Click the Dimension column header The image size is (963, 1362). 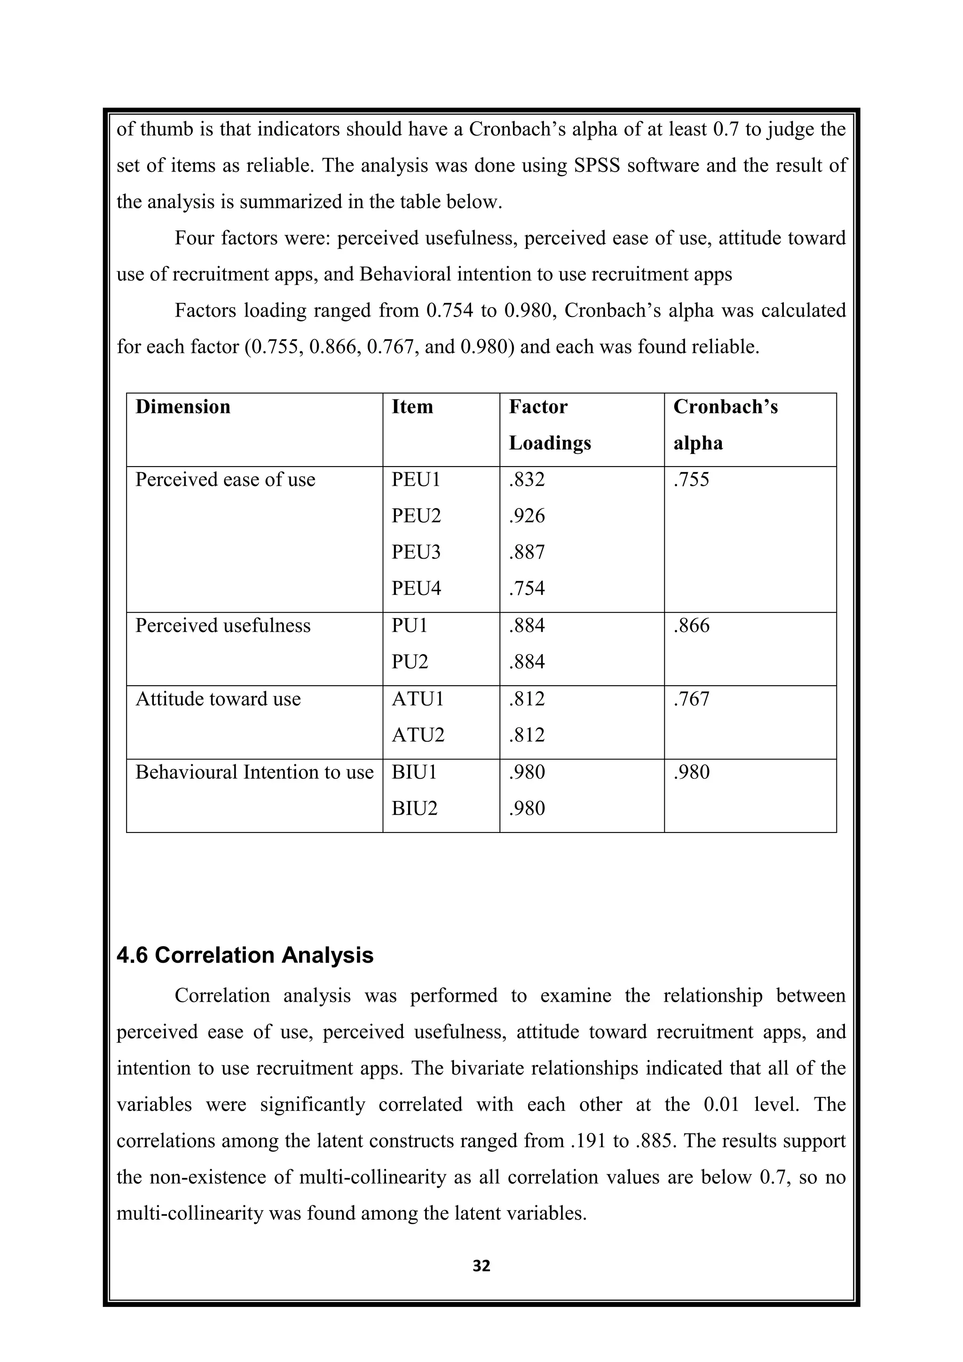[x=182, y=407]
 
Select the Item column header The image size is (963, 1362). [x=412, y=407]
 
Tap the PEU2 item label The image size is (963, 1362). [x=416, y=516]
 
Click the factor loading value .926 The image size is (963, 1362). [x=527, y=516]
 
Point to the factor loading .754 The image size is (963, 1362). [x=527, y=589]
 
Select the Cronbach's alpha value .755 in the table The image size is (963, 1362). [x=691, y=480]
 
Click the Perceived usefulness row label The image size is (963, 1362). [x=222, y=626]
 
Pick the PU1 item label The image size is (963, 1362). [x=409, y=626]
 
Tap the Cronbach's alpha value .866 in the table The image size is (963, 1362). [x=691, y=626]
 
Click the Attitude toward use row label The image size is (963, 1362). [x=218, y=699]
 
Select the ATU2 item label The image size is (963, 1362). [x=418, y=736]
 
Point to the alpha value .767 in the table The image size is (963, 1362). [x=691, y=699]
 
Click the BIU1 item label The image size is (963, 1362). [x=414, y=772]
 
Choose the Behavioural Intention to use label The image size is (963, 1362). [x=254, y=772]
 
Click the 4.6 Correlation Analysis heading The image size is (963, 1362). [x=245, y=956]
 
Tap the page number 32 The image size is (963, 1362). [x=481, y=1267]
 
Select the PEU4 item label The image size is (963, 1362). [x=416, y=589]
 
